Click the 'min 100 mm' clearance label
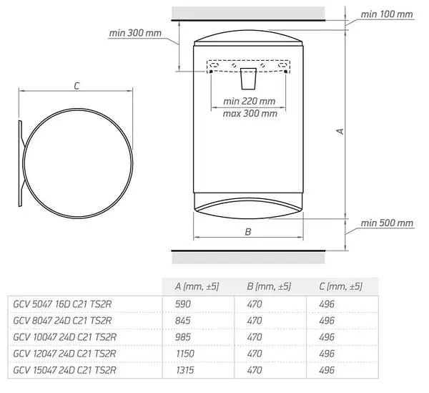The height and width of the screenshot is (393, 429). pyautogui.click(x=387, y=14)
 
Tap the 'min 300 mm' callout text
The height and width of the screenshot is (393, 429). pyautogui.click(x=135, y=33)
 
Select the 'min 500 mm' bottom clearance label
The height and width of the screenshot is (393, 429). pyautogui.click(x=387, y=223)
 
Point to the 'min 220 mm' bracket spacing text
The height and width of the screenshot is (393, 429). pyautogui.click(x=250, y=102)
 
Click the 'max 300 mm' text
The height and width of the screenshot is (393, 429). pyautogui.click(x=250, y=113)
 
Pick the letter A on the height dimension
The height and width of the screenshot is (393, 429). pyautogui.click(x=340, y=132)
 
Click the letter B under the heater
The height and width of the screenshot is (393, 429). pyautogui.click(x=248, y=232)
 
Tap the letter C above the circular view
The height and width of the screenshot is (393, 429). pyautogui.click(x=77, y=86)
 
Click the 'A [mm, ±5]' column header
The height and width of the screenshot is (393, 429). pyautogui.click(x=197, y=286)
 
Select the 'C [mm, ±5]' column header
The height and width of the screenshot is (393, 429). pyautogui.click(x=340, y=286)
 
